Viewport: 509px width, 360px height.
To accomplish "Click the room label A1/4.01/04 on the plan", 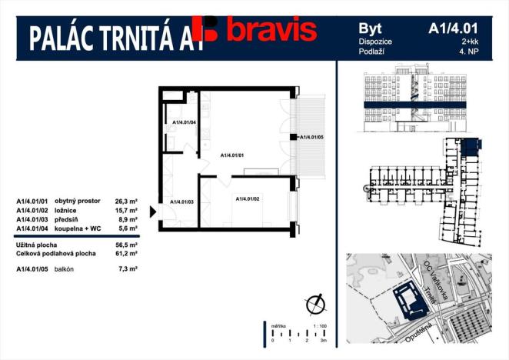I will [184, 122].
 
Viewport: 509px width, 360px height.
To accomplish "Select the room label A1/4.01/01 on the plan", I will [232, 155].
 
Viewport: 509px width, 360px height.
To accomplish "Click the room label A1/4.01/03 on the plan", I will [182, 202].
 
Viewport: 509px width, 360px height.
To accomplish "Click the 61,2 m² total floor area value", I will [126, 252].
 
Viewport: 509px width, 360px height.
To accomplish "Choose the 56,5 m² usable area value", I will [126, 243].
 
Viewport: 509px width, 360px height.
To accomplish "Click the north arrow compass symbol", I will [313, 304].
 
